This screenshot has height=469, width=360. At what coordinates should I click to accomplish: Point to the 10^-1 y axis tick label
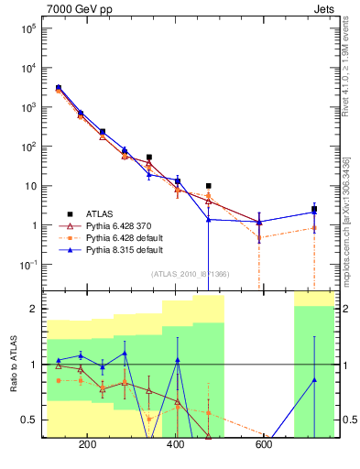27,265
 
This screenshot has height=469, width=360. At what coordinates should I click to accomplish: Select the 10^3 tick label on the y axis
27,107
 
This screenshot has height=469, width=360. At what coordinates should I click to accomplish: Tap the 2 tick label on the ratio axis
33,309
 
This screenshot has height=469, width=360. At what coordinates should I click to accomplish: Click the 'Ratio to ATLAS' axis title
12,365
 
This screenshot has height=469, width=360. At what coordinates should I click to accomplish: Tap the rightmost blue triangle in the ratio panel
314,379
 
